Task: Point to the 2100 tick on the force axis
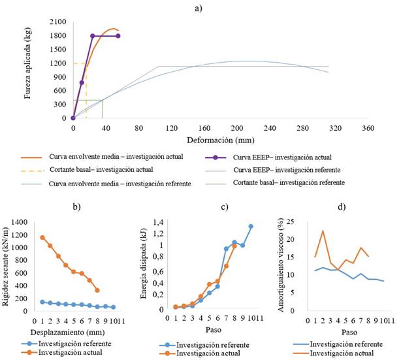click(x=57, y=21)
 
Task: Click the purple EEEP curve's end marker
click(x=118, y=36)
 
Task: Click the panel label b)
click(x=76, y=208)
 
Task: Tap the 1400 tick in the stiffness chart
click(x=20, y=223)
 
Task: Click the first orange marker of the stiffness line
click(x=42, y=237)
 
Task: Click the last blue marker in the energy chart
click(x=251, y=226)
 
